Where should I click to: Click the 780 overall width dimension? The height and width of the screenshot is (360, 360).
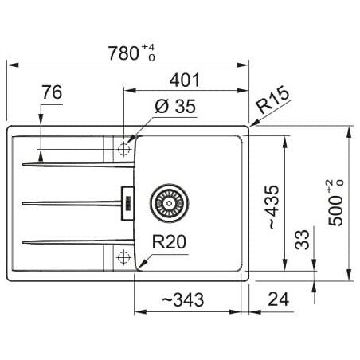(123, 53)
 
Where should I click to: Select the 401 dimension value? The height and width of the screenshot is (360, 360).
(185, 80)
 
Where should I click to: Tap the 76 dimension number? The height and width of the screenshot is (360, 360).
(52, 92)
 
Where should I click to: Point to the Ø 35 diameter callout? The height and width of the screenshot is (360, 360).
(175, 106)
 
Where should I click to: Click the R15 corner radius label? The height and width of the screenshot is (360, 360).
(272, 100)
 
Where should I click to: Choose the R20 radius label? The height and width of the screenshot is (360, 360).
(169, 242)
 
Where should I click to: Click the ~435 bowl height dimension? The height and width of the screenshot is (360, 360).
(272, 207)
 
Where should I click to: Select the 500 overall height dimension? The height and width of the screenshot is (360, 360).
(335, 211)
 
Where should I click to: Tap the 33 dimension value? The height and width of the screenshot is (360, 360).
(302, 240)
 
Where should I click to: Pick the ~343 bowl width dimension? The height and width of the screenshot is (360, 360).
(183, 299)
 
